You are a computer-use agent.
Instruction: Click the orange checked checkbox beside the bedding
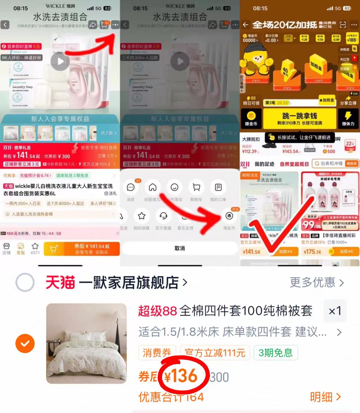tap(25, 343)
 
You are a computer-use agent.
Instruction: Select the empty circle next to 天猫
tap(25, 282)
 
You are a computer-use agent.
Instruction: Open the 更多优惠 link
tap(317, 282)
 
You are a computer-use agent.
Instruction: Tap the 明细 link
tap(325, 397)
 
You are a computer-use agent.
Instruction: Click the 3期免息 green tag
tap(276, 353)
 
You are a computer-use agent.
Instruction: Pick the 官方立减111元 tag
tap(215, 353)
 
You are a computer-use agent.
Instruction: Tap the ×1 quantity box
tap(335, 311)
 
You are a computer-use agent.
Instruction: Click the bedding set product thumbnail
tap(86, 343)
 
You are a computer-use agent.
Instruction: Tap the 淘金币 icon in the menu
tap(229, 216)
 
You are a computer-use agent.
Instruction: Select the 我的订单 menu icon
tap(218, 187)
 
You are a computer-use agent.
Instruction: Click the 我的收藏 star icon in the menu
tap(142, 216)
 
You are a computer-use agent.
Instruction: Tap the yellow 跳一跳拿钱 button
tap(299, 118)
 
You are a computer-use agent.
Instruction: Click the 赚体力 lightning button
tap(348, 118)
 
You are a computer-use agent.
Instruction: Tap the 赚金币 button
tap(251, 118)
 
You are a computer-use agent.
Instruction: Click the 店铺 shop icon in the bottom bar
tap(6, 248)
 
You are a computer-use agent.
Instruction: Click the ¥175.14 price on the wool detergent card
tap(312, 252)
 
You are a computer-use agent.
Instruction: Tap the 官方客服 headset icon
tap(163, 216)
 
